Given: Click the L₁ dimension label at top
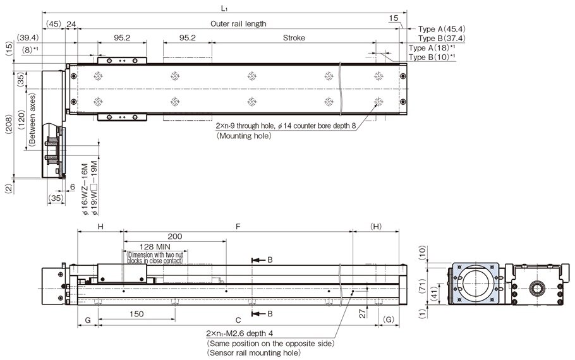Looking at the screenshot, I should [x=225, y=7].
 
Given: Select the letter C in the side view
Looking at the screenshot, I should [x=237, y=320].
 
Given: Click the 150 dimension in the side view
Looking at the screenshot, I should [x=136, y=314].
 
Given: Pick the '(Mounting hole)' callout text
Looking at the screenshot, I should [x=243, y=136].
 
